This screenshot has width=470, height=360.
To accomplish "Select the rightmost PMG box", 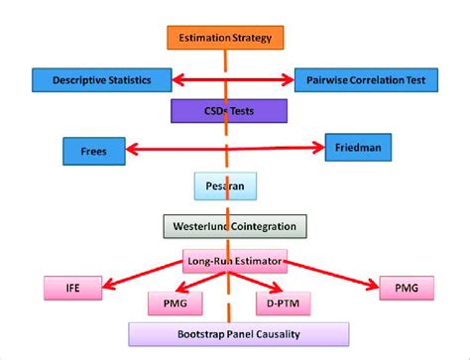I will (407, 287).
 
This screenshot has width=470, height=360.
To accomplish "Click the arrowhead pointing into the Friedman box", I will (319, 149).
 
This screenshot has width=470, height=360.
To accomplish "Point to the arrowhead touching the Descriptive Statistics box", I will (179, 78).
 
